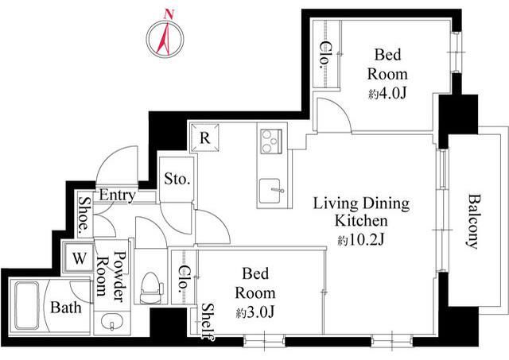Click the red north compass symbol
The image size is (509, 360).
(x=165, y=39)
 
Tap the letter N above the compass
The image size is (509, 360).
(x=169, y=14)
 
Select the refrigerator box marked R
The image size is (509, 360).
(x=204, y=137)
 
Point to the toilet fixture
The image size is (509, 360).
(x=151, y=288)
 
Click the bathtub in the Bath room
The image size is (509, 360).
(x=27, y=305)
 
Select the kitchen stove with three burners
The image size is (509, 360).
(x=271, y=141)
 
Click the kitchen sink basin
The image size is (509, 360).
(x=270, y=191)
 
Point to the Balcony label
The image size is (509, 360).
(x=474, y=222)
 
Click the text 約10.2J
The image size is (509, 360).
(x=360, y=240)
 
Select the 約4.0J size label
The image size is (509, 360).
(x=387, y=94)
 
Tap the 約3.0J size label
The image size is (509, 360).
(x=255, y=312)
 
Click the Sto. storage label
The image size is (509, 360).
(x=177, y=179)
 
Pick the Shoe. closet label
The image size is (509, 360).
(x=85, y=215)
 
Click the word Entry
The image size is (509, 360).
(x=117, y=195)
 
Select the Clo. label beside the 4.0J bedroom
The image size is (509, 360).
(x=325, y=55)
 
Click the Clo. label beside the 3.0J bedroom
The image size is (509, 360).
(x=184, y=279)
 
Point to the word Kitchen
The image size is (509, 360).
(x=361, y=221)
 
